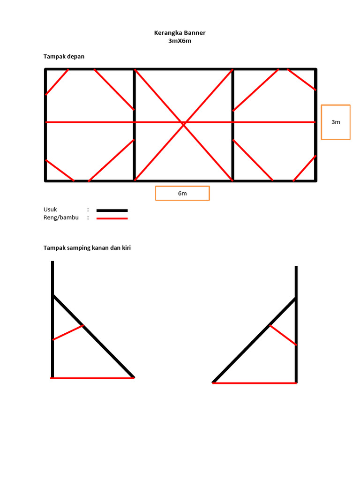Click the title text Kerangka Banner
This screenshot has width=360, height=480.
[180, 33]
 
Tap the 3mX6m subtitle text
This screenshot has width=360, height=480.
[180, 41]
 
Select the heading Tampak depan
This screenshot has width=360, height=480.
[64, 57]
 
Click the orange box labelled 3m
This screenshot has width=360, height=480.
[336, 122]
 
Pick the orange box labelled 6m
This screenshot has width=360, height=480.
[182, 193]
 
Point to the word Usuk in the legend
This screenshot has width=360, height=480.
[50, 210]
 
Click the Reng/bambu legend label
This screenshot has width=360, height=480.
[61, 217]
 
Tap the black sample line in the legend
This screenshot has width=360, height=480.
[112, 210]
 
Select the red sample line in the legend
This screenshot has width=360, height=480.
[112, 218]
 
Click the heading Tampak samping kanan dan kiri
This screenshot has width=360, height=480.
[87, 247]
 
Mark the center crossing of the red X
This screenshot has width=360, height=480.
[184, 124]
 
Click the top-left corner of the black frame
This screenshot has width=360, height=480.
[45, 69]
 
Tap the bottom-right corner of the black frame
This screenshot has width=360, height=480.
[316, 181]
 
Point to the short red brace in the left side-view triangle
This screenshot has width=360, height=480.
[68, 332]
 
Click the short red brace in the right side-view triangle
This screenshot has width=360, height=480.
[283, 335]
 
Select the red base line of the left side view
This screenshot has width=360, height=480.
[92, 378]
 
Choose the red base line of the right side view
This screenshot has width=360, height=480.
[255, 383]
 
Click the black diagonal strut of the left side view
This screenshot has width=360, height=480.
[93, 336]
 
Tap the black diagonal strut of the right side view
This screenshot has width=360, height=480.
[254, 340]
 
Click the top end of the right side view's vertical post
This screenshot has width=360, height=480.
[296, 266]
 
